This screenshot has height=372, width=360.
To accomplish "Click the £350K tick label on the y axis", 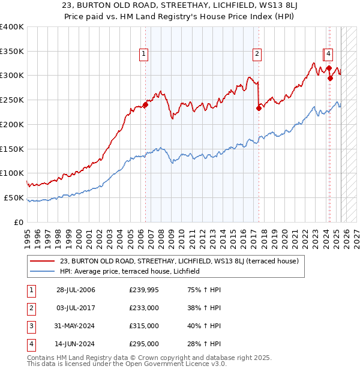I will pos(12,51).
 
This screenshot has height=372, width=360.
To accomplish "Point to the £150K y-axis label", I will pos(12,148).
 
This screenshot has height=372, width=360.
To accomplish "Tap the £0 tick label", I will pos(19,222).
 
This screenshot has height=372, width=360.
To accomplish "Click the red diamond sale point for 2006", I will pos(145,104).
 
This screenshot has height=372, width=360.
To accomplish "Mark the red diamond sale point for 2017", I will pos(259,108).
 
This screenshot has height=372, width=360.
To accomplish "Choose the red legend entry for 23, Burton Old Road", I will pos(174,261).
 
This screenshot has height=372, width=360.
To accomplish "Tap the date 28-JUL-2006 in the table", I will pos(76,290).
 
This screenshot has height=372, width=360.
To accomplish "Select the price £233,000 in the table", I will pos(144,308).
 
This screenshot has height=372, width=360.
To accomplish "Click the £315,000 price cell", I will pos(144,326).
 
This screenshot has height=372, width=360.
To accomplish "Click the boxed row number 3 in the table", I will pos(31,326).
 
